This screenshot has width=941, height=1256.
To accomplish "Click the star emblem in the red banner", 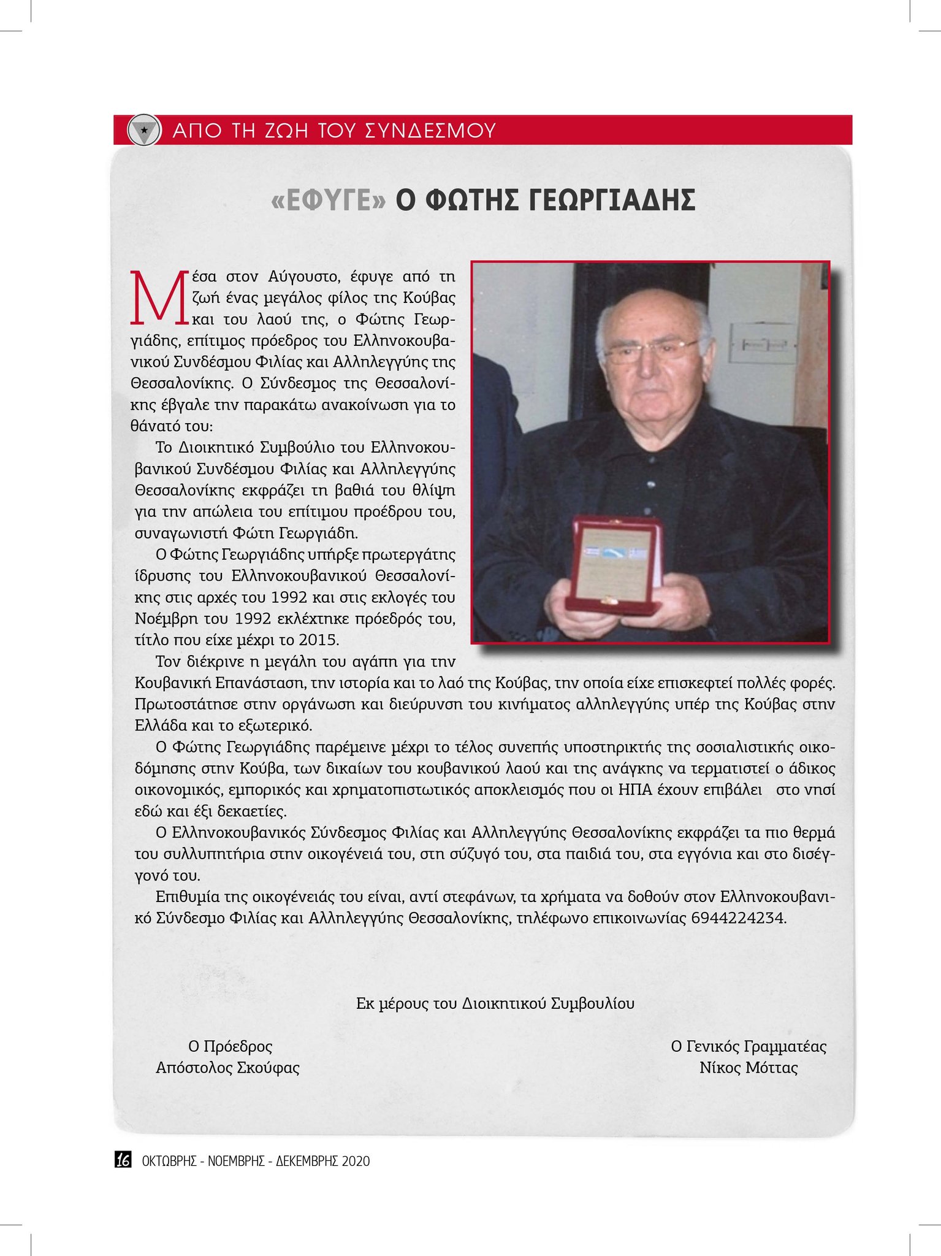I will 143,130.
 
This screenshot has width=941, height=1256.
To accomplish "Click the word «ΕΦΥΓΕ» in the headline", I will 329,201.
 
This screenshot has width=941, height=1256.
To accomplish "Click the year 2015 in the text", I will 319,640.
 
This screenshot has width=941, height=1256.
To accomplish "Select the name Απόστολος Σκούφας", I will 227,1068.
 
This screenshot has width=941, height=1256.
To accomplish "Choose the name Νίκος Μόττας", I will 749,1068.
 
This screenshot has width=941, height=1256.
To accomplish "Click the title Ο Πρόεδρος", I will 230,1046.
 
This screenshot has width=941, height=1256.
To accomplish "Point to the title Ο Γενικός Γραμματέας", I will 749,1046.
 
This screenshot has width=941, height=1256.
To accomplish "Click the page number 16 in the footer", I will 123,1160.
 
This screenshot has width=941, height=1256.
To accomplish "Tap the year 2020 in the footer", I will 356,1161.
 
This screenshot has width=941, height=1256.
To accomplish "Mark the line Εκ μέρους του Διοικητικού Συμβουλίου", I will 495,1003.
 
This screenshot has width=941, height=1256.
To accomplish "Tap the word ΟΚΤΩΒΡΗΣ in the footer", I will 169,1161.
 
